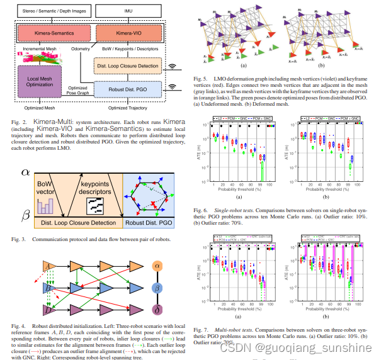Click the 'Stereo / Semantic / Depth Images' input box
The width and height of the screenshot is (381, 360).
coord(54,10)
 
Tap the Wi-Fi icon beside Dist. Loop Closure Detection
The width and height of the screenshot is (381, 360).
coord(171,65)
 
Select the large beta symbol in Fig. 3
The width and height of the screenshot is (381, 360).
coord(25,216)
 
